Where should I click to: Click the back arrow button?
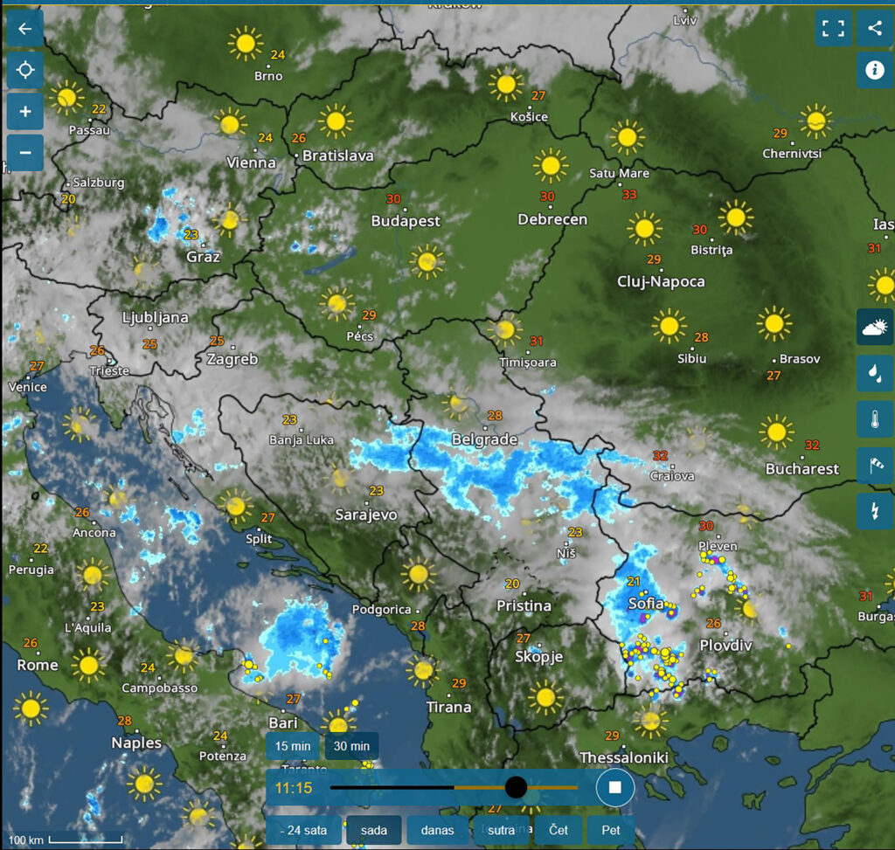click(x=24, y=29)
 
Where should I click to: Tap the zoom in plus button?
click(x=24, y=111)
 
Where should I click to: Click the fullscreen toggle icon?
click(x=833, y=28)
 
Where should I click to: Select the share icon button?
click(x=875, y=28)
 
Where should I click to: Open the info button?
click(x=875, y=69)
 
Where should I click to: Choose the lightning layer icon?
click(x=875, y=509)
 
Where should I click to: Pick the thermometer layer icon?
click(x=875, y=419)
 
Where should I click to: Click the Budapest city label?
click(x=406, y=221)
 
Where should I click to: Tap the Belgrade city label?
click(x=484, y=439)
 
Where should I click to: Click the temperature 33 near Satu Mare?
click(x=629, y=194)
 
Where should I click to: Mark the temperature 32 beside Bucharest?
click(x=812, y=445)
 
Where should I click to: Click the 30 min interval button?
click(x=351, y=746)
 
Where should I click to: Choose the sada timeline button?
click(x=373, y=830)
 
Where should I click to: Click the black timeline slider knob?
click(x=516, y=787)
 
